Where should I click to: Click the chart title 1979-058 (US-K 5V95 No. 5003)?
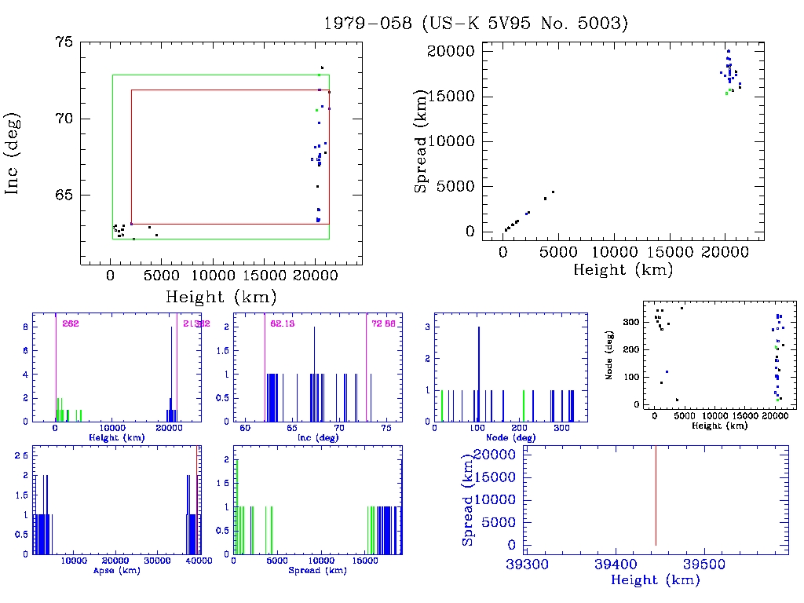(x=476, y=24)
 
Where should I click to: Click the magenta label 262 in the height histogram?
(x=71, y=323)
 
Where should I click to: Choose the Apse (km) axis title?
(x=116, y=570)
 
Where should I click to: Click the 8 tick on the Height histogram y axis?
(x=25, y=327)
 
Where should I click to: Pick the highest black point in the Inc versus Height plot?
(x=322, y=68)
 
